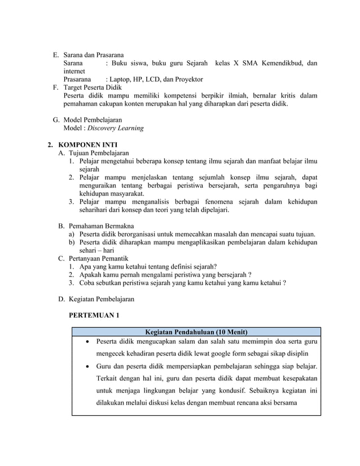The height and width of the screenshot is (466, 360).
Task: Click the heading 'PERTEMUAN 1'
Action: point(94,315)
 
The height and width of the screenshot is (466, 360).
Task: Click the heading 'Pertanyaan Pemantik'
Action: point(99,258)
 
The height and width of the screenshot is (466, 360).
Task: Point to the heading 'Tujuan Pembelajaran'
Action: point(98,153)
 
